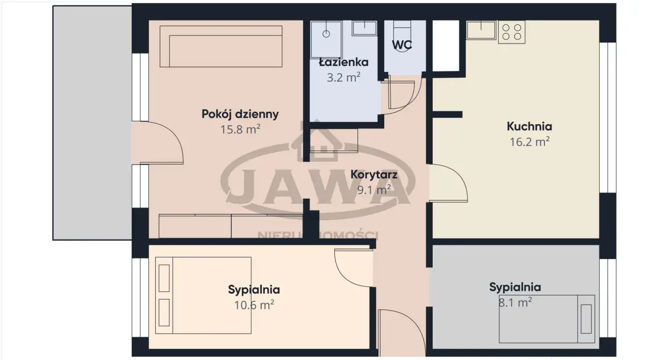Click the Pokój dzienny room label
click(240, 114)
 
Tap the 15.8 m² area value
click(240, 129)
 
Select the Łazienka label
click(343, 62)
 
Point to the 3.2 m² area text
click(343, 77)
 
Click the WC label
click(402, 45)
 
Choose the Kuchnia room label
click(529, 126)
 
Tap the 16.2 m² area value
click(529, 142)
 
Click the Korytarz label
click(374, 175)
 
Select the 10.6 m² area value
click(254, 305)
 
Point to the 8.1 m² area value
click(515, 303)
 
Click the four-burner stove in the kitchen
click(512, 32)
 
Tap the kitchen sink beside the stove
click(481, 30)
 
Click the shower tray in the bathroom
click(326, 39)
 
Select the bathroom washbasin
click(364, 28)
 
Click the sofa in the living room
click(221, 46)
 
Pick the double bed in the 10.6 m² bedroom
click(203, 295)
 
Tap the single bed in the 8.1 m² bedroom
click(547, 319)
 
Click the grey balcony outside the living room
click(92, 123)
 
